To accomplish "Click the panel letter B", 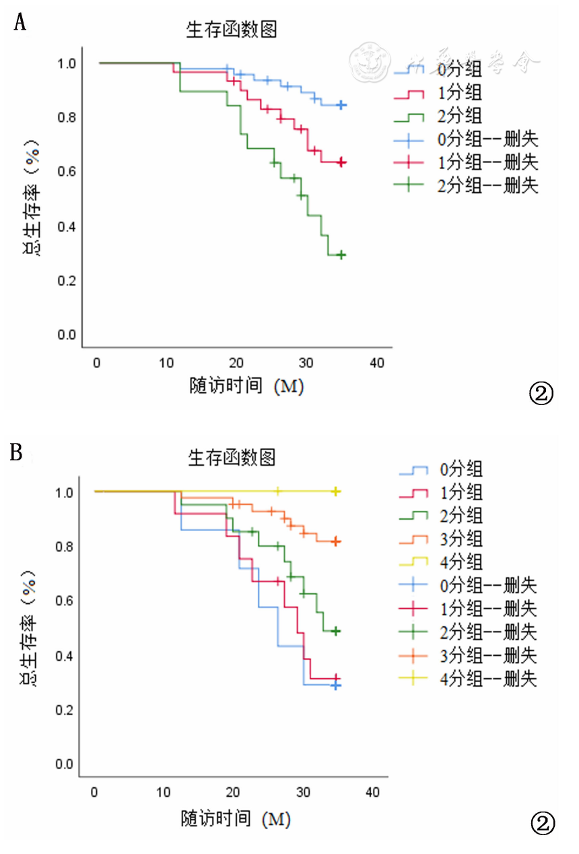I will pos(17,452).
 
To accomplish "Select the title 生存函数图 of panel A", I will pos(232,30).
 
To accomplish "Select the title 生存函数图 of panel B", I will pos(232,458).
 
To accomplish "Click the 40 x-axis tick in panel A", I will pos(377,363).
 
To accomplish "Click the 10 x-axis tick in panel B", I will pos(164,791).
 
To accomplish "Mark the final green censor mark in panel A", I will pos(341,255).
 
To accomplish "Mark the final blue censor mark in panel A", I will pos(341,105).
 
